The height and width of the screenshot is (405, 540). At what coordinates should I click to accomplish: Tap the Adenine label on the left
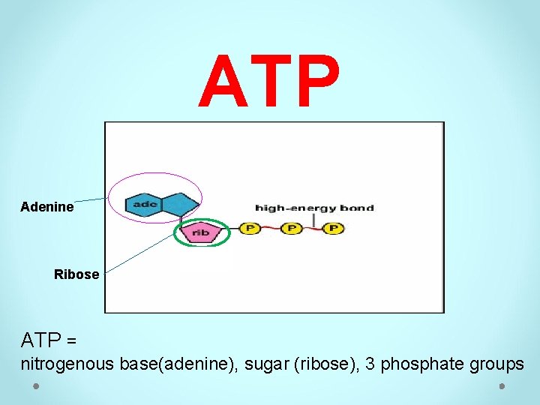(47, 207)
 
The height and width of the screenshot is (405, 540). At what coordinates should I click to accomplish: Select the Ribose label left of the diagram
(76, 274)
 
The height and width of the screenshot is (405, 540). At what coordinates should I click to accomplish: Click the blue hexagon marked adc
(144, 204)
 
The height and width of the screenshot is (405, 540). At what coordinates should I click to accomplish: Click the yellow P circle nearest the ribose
(249, 227)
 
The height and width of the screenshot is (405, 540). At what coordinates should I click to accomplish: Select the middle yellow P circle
(291, 227)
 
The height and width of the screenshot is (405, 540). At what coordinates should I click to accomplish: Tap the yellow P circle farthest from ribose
(333, 227)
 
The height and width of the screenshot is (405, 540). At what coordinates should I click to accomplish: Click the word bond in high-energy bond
(357, 208)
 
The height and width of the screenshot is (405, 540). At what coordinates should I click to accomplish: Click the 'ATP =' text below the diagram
(49, 340)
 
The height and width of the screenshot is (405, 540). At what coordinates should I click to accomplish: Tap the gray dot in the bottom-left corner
(36, 386)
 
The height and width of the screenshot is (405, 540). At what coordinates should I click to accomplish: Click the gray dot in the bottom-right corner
(503, 386)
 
